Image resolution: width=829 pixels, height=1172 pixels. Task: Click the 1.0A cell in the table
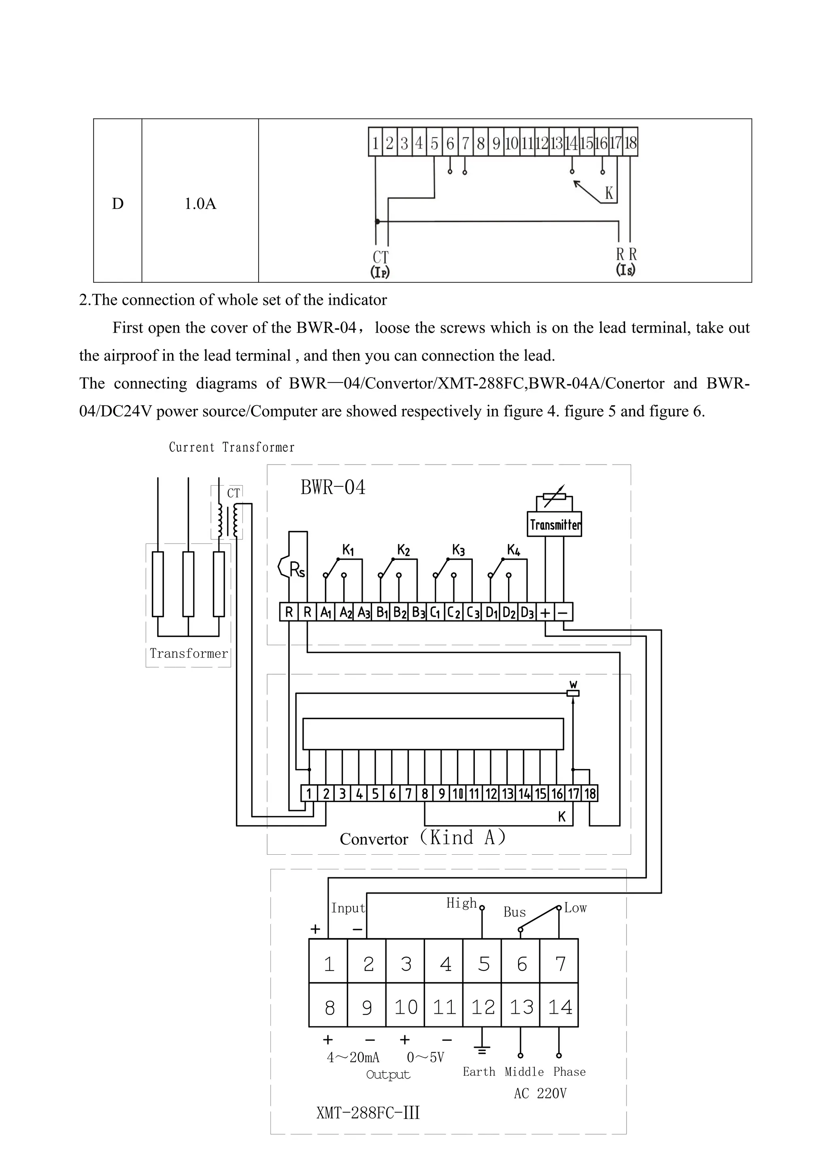200,204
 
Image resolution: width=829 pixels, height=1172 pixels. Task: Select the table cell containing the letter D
117,204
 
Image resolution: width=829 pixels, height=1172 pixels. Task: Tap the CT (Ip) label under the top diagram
380,264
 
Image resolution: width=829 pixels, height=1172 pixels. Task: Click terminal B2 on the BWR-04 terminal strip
400,612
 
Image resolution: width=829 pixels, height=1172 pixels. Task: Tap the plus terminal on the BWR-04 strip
545,612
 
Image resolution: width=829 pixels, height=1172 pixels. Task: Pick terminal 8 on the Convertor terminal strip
425,793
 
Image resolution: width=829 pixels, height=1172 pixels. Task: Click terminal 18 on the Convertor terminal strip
590,793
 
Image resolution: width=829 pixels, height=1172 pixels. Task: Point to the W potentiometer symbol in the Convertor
573,693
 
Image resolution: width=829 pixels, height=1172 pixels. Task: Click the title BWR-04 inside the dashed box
333,488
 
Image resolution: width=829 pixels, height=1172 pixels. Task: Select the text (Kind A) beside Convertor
463,837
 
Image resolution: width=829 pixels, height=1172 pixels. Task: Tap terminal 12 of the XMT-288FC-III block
483,1007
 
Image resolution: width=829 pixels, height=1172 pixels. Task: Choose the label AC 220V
540,1093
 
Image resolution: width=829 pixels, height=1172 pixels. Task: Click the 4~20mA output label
353,1057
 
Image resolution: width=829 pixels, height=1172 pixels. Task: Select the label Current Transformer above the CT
232,448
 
